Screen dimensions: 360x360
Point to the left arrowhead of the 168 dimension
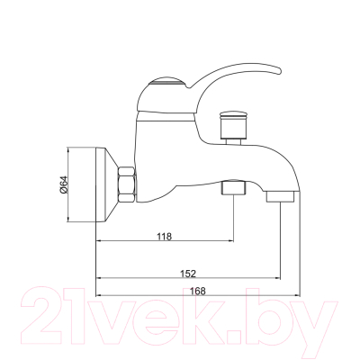coord(99,296)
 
